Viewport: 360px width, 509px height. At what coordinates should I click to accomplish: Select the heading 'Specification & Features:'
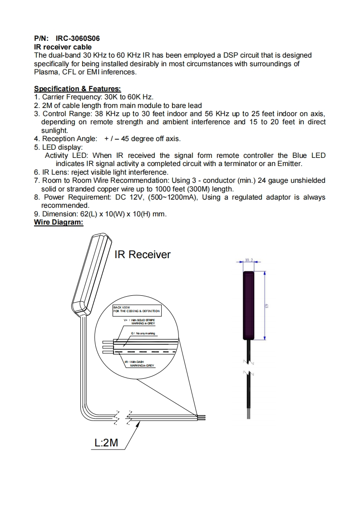78,89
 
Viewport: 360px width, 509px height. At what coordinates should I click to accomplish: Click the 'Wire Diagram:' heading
59,222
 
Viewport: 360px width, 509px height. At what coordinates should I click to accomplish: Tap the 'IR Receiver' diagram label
142,254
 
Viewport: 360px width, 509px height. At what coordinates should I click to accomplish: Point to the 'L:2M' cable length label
106,442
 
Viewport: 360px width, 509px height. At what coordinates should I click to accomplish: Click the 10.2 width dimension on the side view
249,260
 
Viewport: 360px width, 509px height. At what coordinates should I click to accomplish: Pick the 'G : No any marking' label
143,333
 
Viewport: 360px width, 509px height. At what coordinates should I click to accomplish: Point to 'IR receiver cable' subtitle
63,47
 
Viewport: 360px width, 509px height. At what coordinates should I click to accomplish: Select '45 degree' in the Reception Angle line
135,139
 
